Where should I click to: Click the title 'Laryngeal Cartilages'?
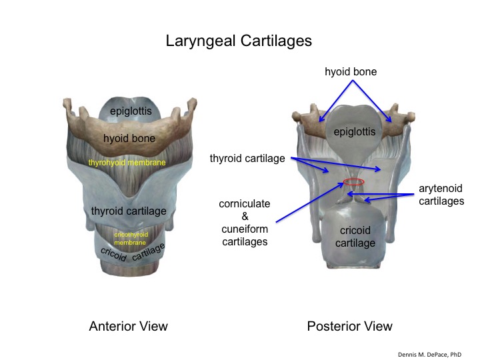pyautogui.click(x=239, y=41)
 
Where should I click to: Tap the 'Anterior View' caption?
pyautogui.click(x=129, y=326)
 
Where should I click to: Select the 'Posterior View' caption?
pyautogui.click(x=349, y=326)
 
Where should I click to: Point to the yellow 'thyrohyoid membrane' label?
pyautogui.click(x=127, y=162)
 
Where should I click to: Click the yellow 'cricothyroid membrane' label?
pyautogui.click(x=131, y=238)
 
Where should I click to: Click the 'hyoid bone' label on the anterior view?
pyautogui.click(x=129, y=139)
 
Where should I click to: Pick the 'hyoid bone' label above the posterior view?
pyautogui.click(x=351, y=71)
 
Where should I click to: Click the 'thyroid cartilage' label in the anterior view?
pyautogui.click(x=129, y=211)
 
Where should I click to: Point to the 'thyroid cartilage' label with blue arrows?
pyautogui.click(x=247, y=159)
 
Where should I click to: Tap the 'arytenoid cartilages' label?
pyautogui.click(x=441, y=195)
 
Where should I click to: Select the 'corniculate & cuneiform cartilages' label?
pyautogui.click(x=243, y=223)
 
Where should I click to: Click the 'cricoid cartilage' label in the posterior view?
pyautogui.click(x=355, y=237)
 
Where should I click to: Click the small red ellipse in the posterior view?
pyautogui.click(x=354, y=181)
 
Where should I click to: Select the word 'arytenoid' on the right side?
pyautogui.click(x=441, y=189)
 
